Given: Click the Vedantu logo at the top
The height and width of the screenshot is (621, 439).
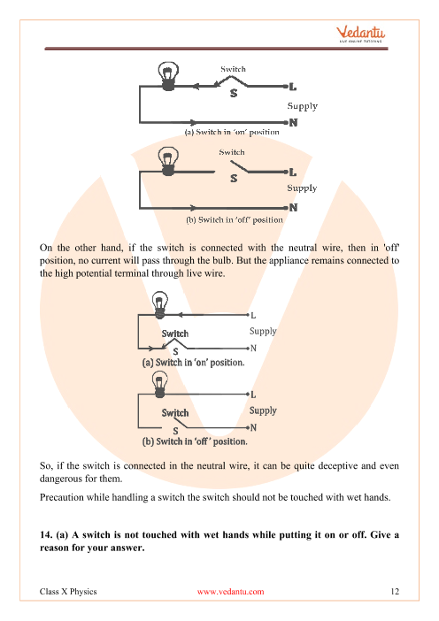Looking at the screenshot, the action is coord(360,34).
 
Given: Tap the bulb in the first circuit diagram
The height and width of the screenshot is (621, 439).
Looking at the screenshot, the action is coord(168,76).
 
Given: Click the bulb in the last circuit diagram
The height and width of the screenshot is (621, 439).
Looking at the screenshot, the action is coord(159,384).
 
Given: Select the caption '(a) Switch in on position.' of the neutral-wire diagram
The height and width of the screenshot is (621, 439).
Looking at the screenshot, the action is coord(193,363).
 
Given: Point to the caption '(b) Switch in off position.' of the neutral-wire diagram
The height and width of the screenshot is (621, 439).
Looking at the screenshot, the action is coord(195,441).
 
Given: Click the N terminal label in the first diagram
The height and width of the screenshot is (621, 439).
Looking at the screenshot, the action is coord(293,123).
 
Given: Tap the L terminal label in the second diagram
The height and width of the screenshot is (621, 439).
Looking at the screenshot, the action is coord(293,172).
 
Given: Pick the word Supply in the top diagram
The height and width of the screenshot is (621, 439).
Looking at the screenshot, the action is coord(303,106).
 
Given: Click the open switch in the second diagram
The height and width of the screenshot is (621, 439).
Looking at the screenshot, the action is coord(240,166).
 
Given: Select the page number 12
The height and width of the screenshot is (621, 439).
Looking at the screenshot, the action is coord(395,591).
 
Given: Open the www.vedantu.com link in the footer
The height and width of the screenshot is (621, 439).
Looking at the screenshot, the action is coord(231,592).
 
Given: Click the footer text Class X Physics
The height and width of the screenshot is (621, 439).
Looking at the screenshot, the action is coord(68,591).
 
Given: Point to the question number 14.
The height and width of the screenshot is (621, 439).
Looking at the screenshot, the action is coord(46,534).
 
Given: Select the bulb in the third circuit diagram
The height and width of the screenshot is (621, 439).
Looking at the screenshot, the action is coord(160,305).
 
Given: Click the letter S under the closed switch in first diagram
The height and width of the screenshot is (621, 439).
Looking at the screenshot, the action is coord(234,93).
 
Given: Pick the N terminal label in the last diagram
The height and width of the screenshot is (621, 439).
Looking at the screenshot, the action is coord(253,428).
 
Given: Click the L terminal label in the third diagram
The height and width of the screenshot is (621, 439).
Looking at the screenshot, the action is coord(253,316).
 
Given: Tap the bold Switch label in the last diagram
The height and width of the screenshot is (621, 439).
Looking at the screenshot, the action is coord(175,413).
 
